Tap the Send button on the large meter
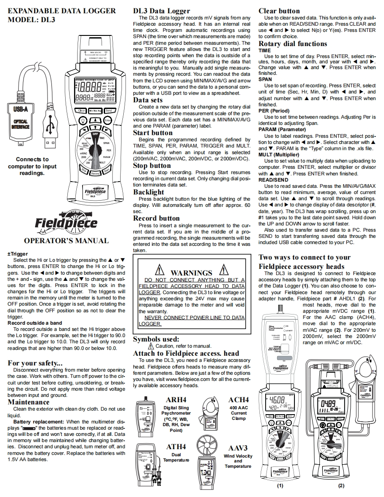(110, 111)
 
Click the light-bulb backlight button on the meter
(82, 121)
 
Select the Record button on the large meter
(95, 173)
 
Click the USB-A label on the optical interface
(20, 109)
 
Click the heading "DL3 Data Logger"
(161, 11)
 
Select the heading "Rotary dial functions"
(293, 43)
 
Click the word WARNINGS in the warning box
(192, 273)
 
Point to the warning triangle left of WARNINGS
(159, 271)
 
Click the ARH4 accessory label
(176, 400)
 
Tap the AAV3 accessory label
(238, 448)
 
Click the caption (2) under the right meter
(341, 485)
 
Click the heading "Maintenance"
(29, 402)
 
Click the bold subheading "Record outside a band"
(35, 322)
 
